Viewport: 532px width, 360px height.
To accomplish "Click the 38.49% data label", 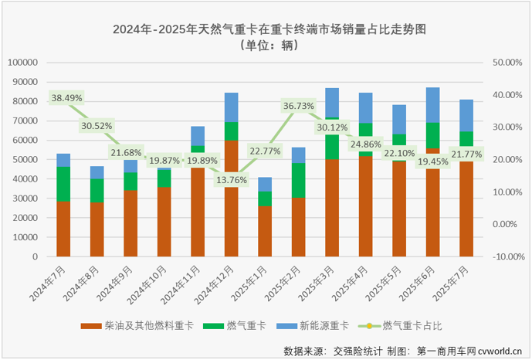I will [66, 98].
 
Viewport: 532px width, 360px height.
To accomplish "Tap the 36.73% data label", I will [299, 106].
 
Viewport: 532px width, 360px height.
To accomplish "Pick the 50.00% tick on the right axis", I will [505, 62].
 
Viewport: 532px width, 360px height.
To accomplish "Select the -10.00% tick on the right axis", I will [503, 256].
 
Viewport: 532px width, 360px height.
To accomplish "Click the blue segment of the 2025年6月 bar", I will [433, 105].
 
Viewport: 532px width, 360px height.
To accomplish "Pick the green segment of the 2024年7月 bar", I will [63, 184].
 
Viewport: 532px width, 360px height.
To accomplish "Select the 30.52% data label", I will [96, 125].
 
